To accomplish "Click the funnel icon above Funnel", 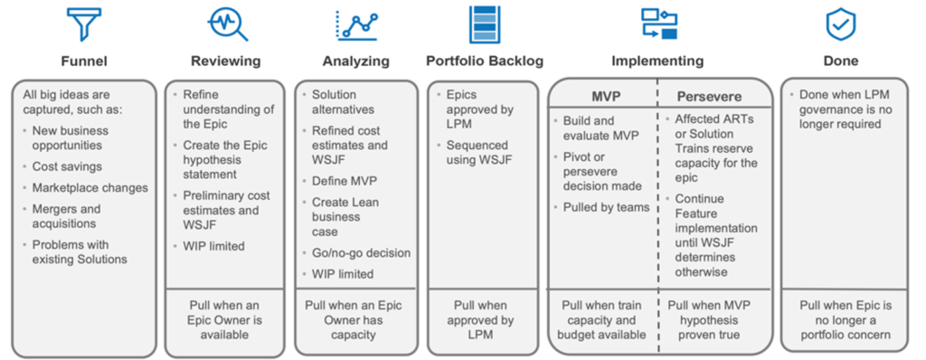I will [84, 24].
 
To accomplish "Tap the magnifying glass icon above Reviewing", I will [226, 24].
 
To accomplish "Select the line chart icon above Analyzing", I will [356, 24].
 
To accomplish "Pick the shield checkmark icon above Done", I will [841, 24].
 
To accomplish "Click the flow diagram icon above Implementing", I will [659, 24].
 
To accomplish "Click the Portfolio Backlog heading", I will [485, 62].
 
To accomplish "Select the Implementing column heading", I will [657, 62].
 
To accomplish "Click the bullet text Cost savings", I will [67, 166].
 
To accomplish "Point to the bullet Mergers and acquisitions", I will [69, 216].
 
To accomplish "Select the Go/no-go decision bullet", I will [361, 252].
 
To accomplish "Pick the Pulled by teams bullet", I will [606, 207].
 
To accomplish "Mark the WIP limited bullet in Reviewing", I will [214, 245].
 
